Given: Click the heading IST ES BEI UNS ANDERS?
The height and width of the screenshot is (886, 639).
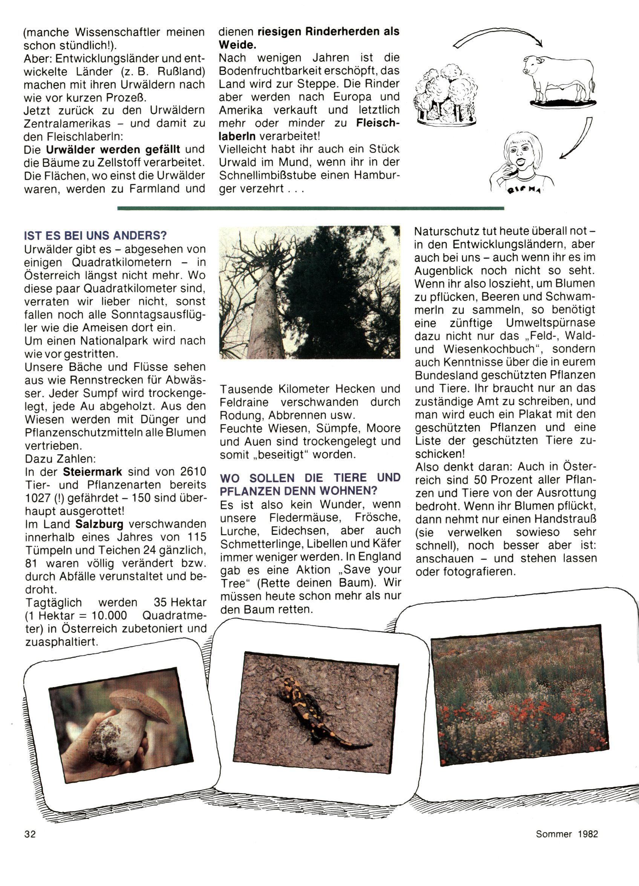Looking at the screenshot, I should click(x=95, y=235).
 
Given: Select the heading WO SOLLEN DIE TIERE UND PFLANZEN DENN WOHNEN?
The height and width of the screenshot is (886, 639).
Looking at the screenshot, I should click(x=310, y=484).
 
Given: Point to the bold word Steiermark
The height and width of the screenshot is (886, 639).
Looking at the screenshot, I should click(x=93, y=472).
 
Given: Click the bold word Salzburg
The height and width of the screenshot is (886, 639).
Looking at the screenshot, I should click(x=99, y=524).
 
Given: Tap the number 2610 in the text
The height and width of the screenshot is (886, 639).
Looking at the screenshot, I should click(x=193, y=472).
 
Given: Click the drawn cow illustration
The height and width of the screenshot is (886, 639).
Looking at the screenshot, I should click(x=559, y=80).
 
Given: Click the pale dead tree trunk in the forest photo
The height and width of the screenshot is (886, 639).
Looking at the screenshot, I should click(x=266, y=313).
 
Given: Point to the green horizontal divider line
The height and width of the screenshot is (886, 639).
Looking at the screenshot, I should click(x=311, y=208).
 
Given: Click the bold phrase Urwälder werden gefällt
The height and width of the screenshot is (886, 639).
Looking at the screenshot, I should click(x=113, y=149).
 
